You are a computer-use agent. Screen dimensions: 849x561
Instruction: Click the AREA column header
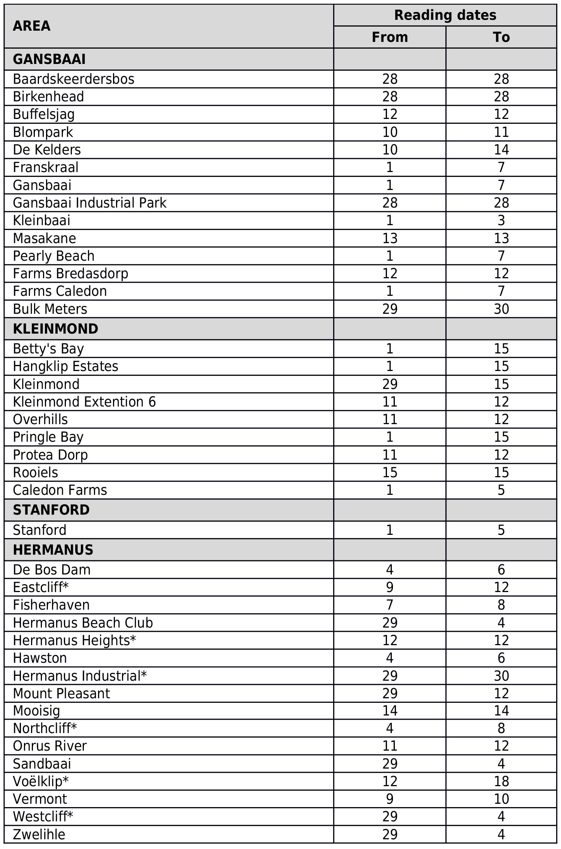31,26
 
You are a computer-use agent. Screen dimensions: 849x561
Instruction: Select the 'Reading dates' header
445,15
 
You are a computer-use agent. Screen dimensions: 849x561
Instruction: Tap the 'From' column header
390,37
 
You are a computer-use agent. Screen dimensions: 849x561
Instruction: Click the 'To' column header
501,37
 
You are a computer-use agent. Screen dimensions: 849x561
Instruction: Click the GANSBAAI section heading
49,59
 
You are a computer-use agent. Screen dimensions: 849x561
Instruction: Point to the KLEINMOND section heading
55,329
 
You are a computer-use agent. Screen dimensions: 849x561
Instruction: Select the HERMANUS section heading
53,550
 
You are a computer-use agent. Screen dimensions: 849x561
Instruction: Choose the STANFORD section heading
51,510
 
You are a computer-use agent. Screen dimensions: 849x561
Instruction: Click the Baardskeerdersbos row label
73,79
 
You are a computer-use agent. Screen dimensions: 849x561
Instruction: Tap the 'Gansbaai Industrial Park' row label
89,203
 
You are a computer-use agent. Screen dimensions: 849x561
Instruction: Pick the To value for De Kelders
501,150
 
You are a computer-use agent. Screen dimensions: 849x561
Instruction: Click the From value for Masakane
390,238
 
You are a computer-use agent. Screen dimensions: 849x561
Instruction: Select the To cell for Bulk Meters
501,309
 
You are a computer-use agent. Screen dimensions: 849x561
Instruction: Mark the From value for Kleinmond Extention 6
390,402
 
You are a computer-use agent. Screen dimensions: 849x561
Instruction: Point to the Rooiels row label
36,472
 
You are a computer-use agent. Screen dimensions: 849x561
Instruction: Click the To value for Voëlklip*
501,781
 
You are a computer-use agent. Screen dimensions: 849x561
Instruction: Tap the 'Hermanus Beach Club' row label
83,623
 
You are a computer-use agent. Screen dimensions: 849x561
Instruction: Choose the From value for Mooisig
390,711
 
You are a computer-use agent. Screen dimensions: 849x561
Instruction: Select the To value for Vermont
501,799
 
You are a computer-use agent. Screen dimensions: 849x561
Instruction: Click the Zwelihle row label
39,834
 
